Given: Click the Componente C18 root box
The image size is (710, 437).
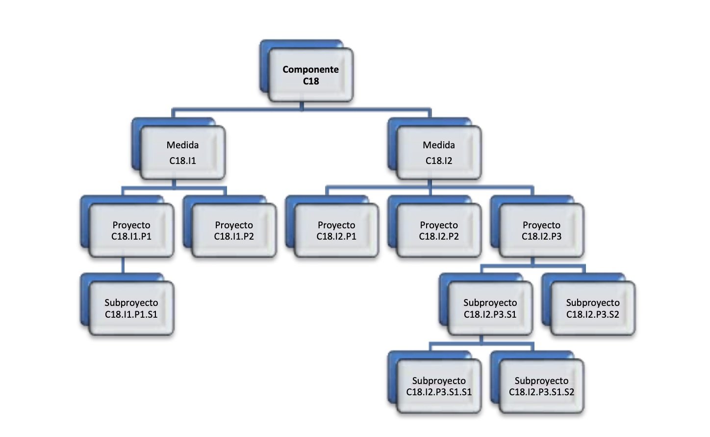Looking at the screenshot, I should pyautogui.click(x=311, y=75).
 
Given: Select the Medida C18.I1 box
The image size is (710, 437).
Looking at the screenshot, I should pyautogui.click(x=182, y=153).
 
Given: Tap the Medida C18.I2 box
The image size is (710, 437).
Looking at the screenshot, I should pyautogui.click(x=439, y=153).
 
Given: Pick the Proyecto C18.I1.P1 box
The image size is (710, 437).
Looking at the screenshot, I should pyautogui.click(x=131, y=230).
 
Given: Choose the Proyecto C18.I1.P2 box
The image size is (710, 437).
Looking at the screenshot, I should pyautogui.click(x=234, y=230).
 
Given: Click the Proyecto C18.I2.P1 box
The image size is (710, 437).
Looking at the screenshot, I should pyautogui.click(x=336, y=230).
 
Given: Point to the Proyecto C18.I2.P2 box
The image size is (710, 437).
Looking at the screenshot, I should pyautogui.click(x=439, y=230).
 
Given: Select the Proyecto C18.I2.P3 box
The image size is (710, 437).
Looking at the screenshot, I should pyautogui.click(x=541, y=230).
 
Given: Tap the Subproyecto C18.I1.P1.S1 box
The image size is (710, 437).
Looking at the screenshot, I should pyautogui.click(x=131, y=308).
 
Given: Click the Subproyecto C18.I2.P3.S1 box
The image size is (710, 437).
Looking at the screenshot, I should pyautogui.click(x=490, y=308).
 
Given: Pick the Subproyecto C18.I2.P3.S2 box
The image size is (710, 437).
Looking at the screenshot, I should pyautogui.click(x=593, y=308).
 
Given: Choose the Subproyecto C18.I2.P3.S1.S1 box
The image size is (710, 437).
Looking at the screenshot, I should pyautogui.click(x=439, y=386).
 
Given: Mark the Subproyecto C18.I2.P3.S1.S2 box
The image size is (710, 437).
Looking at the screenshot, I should pyautogui.click(x=541, y=386).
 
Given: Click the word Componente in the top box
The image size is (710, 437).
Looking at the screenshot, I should pyautogui.click(x=310, y=70).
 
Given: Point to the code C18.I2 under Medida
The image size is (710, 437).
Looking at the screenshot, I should pyautogui.click(x=439, y=161).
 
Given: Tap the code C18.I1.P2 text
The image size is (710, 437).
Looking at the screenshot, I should pyautogui.click(x=234, y=236).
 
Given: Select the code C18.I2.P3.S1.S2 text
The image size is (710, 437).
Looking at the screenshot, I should pyautogui.click(x=541, y=392).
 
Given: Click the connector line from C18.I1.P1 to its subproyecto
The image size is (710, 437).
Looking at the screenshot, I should pyautogui.click(x=123, y=266).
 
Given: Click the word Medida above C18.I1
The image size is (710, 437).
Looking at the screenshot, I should pyautogui.click(x=182, y=145).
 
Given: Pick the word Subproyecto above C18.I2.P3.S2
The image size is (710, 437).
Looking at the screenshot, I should pyautogui.click(x=593, y=302).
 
